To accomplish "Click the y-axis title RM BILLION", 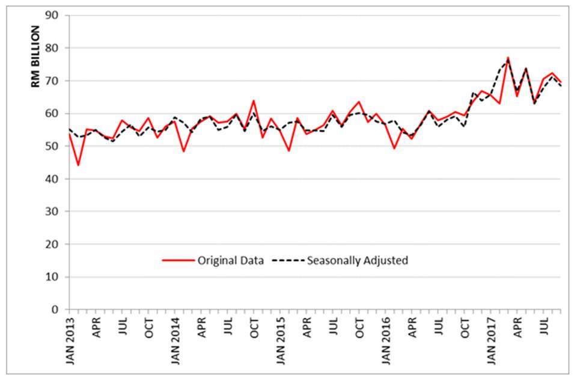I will [36, 58].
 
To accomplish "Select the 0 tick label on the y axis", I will [58, 310].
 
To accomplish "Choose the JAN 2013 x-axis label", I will [70, 340].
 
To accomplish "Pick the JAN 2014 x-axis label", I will [175, 340].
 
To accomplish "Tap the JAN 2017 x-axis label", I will [492, 340].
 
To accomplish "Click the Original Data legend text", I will [230, 260].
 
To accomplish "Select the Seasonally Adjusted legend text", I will [358, 260].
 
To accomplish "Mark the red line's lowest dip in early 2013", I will [78, 165].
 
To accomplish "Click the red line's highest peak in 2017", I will [508, 58].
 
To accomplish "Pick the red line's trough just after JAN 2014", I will [184, 151].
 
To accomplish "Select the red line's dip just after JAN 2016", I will [394, 148].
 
